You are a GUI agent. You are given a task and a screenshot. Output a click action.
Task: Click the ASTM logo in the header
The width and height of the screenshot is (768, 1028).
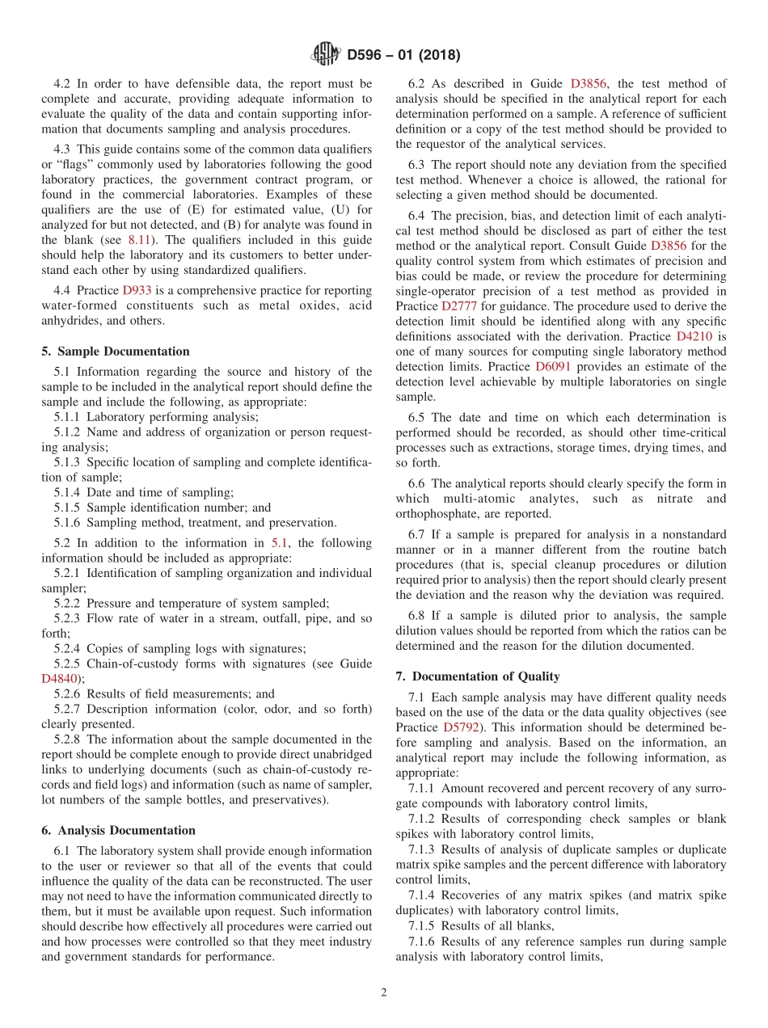(326, 55)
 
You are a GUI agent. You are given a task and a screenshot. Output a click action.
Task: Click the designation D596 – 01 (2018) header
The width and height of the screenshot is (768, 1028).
(403, 55)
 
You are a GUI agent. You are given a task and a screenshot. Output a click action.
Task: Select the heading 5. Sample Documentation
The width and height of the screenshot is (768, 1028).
(115, 352)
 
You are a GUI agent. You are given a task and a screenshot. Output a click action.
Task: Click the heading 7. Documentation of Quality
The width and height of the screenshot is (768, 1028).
(478, 676)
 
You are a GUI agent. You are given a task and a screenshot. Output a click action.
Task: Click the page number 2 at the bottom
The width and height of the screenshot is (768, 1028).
(384, 993)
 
